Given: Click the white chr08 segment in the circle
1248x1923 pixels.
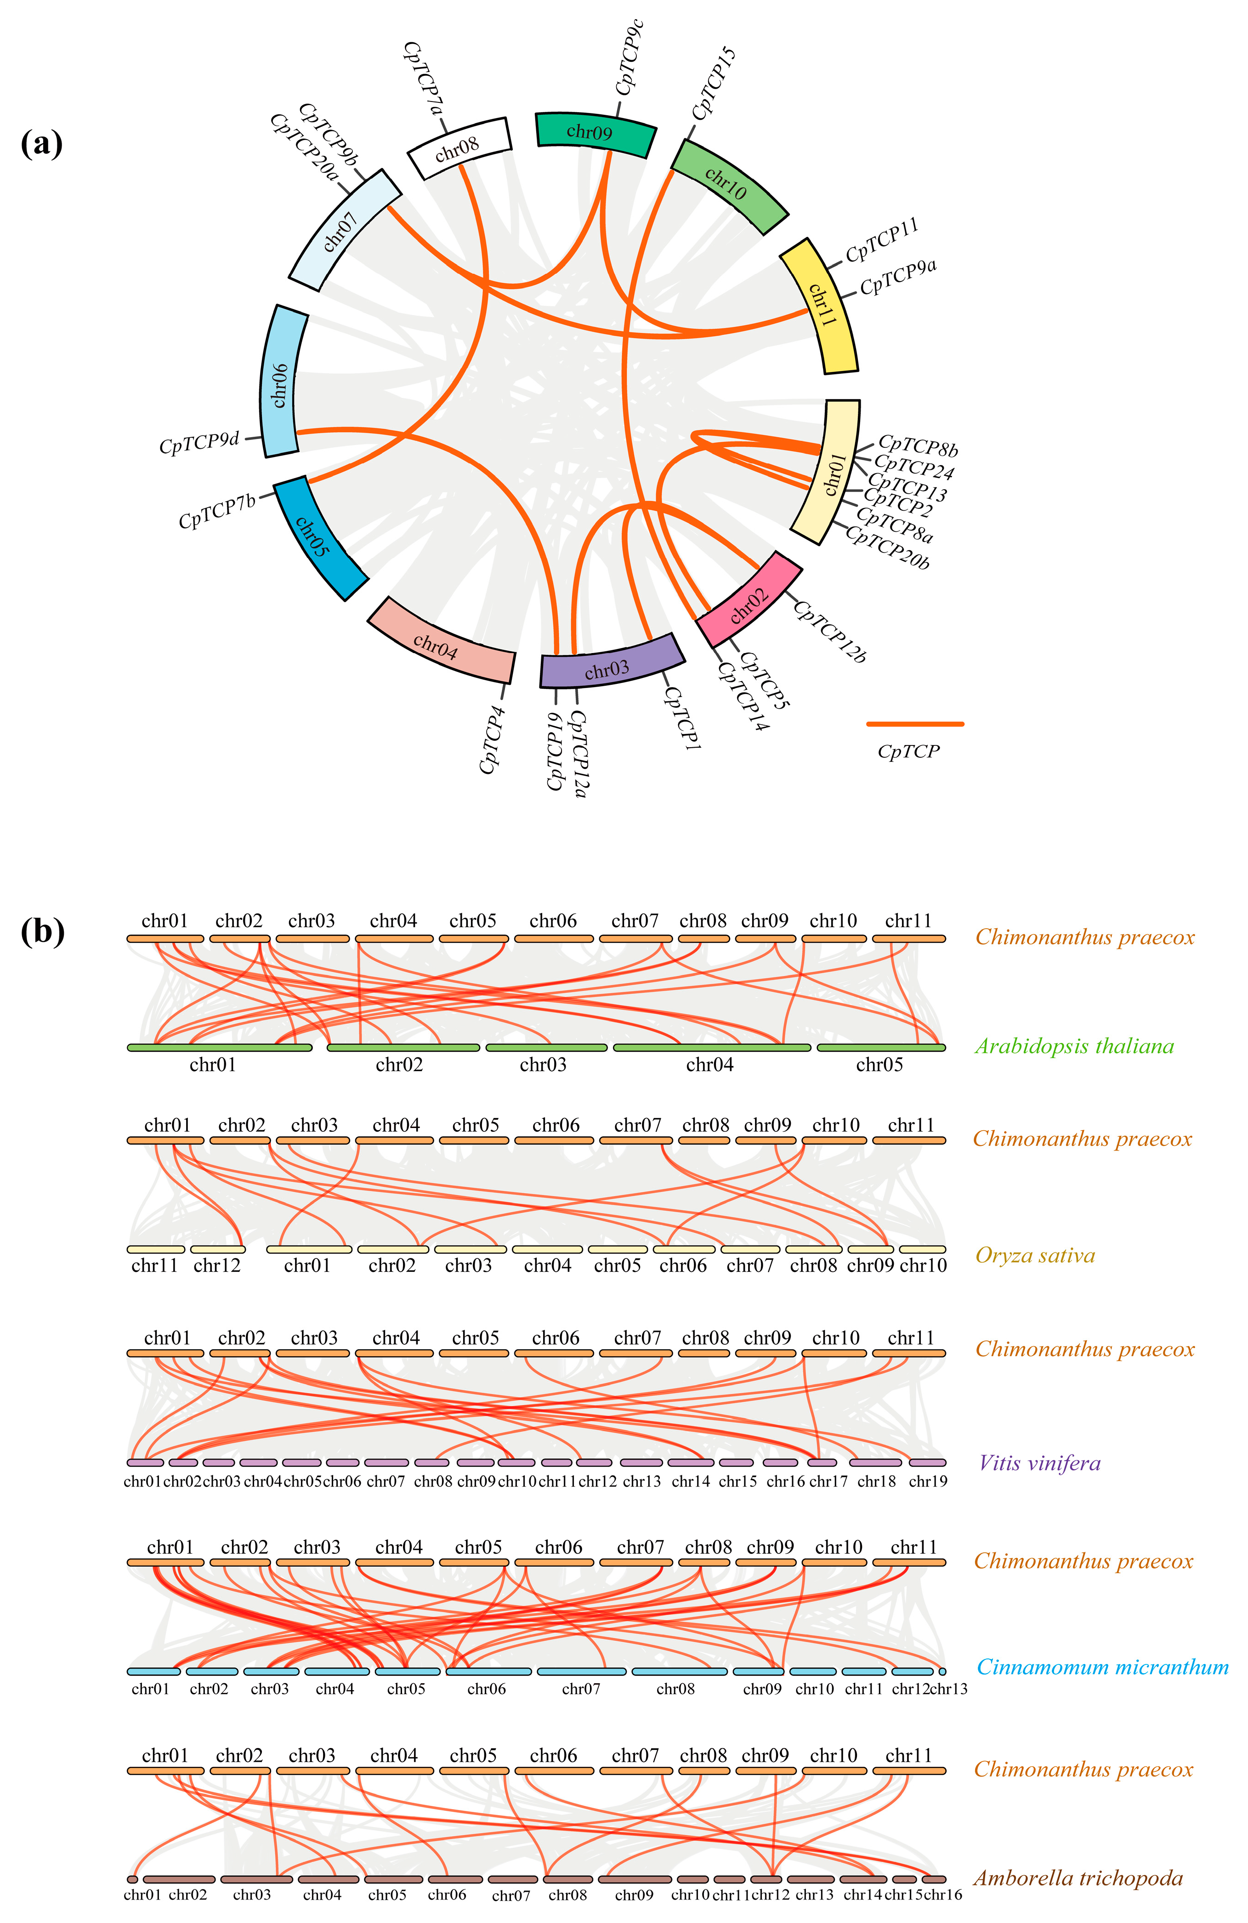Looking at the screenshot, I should pos(458,148).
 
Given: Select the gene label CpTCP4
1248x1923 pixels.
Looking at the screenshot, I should pos(492,739).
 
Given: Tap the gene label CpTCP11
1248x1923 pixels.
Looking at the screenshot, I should pos(882,240).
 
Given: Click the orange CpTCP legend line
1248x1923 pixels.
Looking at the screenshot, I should pos(914,724).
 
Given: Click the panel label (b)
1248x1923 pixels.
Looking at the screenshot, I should pos(41,931).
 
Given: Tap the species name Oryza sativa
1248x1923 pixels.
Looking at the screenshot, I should pos(1035,1255).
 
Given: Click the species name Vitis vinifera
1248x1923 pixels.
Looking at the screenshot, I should pos(1039,1462).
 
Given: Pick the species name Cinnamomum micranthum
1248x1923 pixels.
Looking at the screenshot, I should pos(1102,1667).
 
